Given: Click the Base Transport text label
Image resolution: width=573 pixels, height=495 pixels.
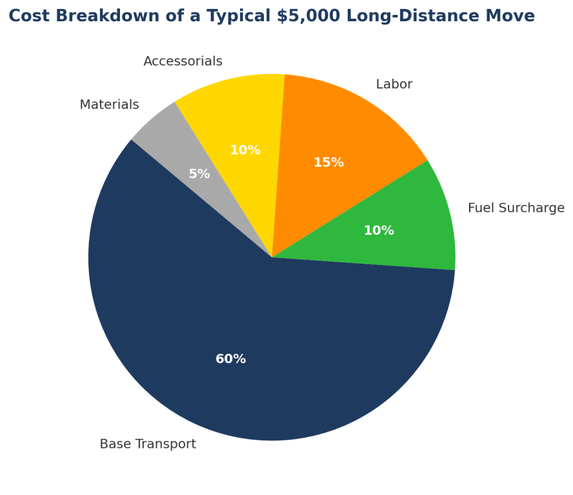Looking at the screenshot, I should click(148, 444).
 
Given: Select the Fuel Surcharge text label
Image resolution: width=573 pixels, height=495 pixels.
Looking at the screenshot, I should click(516, 208).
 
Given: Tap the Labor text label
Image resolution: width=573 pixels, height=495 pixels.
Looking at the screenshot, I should click(394, 84).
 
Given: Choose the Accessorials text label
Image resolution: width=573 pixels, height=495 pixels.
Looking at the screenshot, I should click(183, 61).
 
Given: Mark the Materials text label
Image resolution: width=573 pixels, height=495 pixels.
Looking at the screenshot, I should click(109, 104).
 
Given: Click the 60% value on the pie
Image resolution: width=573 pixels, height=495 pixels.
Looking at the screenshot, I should click(230, 359).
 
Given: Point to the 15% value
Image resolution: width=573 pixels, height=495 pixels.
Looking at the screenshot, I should click(328, 162).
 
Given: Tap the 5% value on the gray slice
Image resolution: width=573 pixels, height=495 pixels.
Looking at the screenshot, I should click(199, 174).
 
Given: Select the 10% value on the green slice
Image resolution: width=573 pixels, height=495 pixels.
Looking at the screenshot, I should click(378, 231).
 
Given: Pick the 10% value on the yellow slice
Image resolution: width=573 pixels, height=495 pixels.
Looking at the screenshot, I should click(245, 150).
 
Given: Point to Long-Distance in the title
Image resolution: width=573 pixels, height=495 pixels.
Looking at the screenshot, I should click(413, 16).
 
